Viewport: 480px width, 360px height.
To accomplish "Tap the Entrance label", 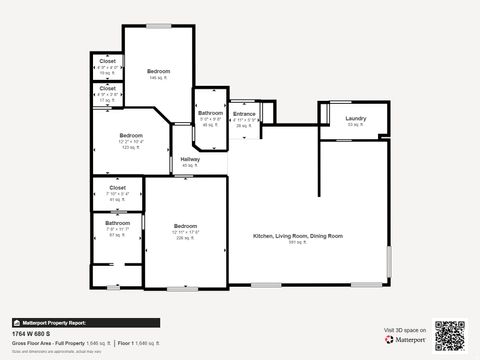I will pos(244,114).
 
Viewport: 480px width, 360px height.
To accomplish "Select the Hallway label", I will pos(190,159).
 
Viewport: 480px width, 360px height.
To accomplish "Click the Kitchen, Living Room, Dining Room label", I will pos(297,235).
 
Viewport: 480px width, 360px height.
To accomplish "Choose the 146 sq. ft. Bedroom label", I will pos(159,71).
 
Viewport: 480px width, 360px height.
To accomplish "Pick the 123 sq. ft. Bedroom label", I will pos(132,135).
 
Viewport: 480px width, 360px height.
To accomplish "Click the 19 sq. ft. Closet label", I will pos(107,62).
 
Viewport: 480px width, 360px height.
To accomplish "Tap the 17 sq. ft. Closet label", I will pos(108,88).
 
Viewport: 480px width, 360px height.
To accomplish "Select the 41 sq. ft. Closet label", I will pos(117,187).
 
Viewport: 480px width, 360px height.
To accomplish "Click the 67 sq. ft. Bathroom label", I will pos(118,223).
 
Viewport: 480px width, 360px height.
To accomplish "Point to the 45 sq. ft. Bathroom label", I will pos(210,113).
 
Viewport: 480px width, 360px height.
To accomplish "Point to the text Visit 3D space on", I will pos(405,329).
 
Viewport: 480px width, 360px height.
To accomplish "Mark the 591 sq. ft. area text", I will pos(297,242).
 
